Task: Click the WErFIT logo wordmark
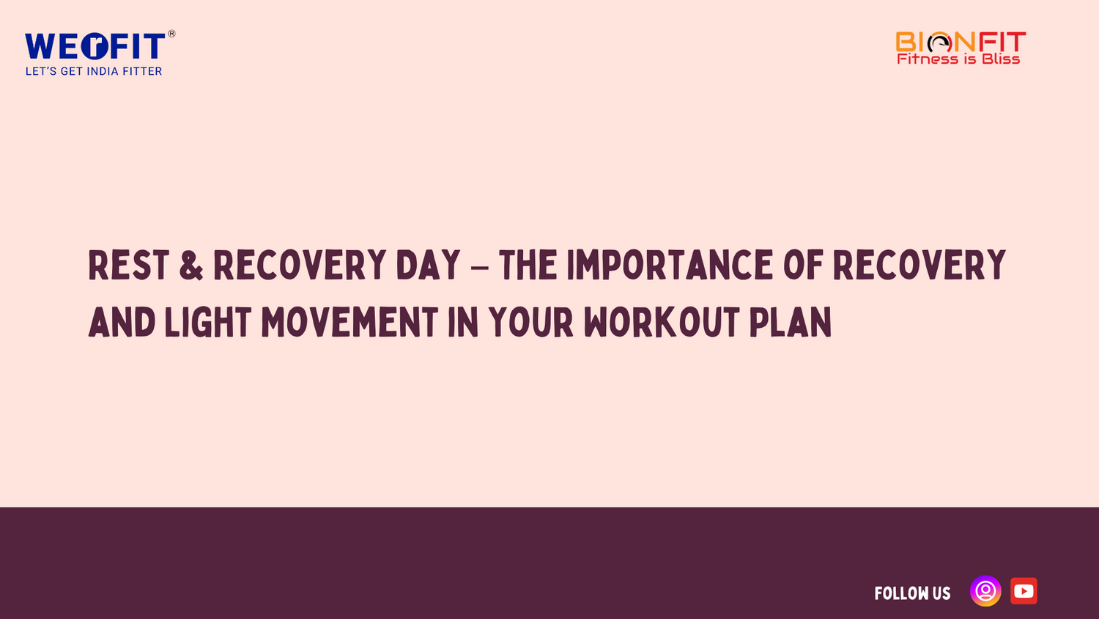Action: (x=95, y=47)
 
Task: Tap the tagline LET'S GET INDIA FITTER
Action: (x=94, y=71)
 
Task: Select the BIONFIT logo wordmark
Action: (x=961, y=42)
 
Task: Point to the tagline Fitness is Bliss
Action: (x=958, y=59)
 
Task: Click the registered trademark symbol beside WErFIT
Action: (x=171, y=34)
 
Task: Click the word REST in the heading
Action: (x=129, y=265)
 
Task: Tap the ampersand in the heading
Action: (x=191, y=265)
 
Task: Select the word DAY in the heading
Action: (x=428, y=265)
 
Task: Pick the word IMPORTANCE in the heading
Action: (x=670, y=265)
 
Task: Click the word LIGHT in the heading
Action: (x=208, y=323)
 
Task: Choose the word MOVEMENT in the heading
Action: (x=349, y=323)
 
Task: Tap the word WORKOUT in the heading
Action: (x=662, y=323)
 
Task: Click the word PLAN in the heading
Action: (x=791, y=323)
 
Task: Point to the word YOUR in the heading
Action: (x=531, y=323)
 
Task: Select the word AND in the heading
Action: (x=122, y=323)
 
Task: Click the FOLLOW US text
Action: (x=912, y=593)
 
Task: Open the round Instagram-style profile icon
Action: (x=985, y=591)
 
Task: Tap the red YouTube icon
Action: (x=1024, y=591)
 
